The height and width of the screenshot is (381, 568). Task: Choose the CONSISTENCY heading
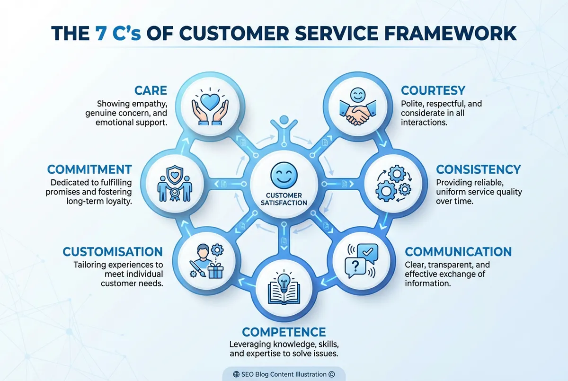pyautogui.click(x=478, y=169)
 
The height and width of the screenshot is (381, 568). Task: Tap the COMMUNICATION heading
pyautogui.click(x=458, y=251)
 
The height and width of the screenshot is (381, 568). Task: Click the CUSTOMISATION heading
pyautogui.click(x=113, y=251)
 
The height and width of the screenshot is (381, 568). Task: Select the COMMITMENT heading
pyautogui.click(x=89, y=169)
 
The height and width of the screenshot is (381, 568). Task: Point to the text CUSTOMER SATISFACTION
pyautogui.click(x=284, y=199)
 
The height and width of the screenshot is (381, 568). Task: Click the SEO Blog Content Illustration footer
pyautogui.click(x=284, y=374)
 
